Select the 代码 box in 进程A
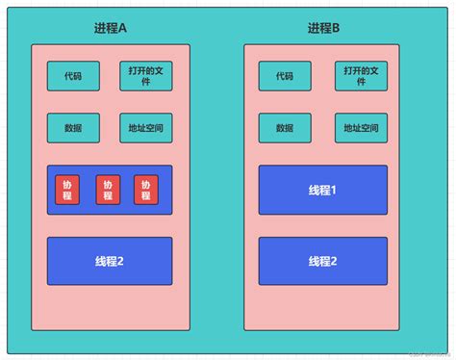72,76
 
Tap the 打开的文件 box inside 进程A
145,76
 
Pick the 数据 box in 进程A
72,128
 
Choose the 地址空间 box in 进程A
145,128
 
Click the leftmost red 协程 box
67,190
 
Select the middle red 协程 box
108,190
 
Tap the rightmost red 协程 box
146,190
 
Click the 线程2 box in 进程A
110,261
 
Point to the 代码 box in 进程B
285,76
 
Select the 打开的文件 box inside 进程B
361,76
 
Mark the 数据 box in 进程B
285,128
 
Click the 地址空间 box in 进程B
361,128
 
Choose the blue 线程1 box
323,190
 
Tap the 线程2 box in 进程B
323,261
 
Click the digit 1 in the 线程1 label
333,191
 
